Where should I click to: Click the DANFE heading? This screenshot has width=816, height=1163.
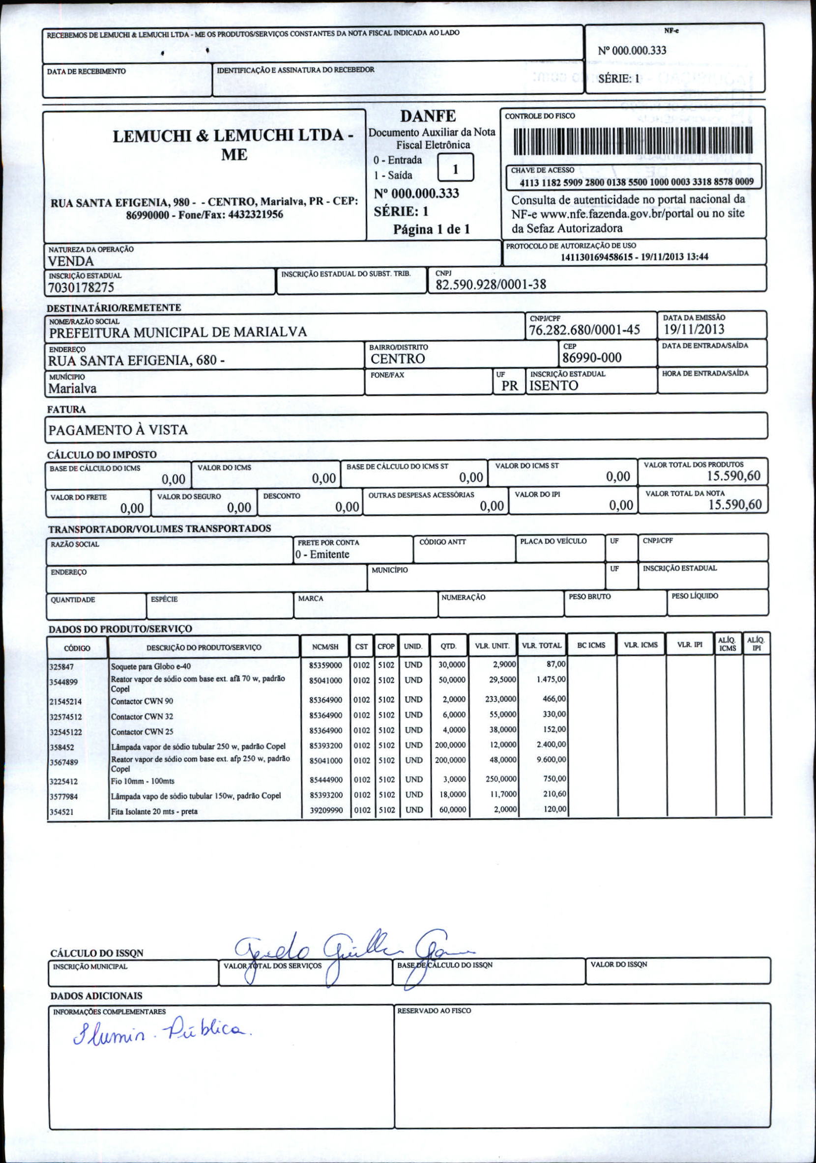pyautogui.click(x=428, y=116)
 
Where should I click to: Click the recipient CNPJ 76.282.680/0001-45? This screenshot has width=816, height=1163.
pyautogui.click(x=584, y=330)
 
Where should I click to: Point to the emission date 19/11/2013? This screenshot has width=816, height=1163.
pyautogui.click(x=694, y=329)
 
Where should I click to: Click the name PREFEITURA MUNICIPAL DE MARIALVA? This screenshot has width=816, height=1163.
pyautogui.click(x=178, y=332)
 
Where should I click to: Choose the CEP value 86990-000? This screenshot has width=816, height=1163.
pyautogui.click(x=591, y=358)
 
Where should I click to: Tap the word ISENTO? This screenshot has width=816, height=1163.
pyautogui.click(x=554, y=386)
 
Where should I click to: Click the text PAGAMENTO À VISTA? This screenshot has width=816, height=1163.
pyautogui.click(x=117, y=430)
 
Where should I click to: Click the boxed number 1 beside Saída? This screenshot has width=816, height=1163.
pyautogui.click(x=455, y=168)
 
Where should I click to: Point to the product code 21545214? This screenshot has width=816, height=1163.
pyautogui.click(x=65, y=701)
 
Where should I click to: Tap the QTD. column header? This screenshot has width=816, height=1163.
pyautogui.click(x=447, y=646)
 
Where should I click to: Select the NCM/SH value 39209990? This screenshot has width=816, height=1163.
pyautogui.click(x=326, y=810)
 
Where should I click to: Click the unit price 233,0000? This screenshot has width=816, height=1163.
pyautogui.click(x=500, y=699)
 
